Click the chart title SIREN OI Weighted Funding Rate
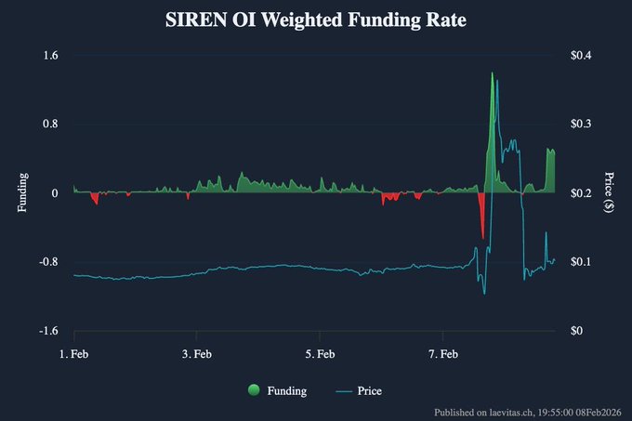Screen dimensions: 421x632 (x=315, y=20)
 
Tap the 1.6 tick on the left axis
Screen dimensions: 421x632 (x=50, y=56)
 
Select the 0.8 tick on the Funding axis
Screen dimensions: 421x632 (x=50, y=125)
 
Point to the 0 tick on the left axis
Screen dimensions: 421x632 (x=54, y=193)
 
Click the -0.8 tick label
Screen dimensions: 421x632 (x=48, y=262)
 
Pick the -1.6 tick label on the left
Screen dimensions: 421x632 (x=48, y=331)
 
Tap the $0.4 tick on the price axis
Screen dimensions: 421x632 (x=582, y=56)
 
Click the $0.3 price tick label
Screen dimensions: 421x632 (x=582, y=125)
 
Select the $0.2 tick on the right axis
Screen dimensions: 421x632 (x=582, y=193)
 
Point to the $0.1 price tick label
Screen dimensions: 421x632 (x=582, y=262)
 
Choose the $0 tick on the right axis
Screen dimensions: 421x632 (x=577, y=331)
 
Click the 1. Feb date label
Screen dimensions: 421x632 (x=74, y=354)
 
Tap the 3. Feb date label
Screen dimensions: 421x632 (x=197, y=354)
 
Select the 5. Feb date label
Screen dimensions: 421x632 (x=320, y=354)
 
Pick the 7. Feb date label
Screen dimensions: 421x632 (x=442, y=354)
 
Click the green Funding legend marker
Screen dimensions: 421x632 (x=254, y=391)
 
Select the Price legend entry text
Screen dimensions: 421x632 (x=369, y=391)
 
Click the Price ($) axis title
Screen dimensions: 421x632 (x=609, y=192)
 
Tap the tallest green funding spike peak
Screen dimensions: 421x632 (x=493, y=73)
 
